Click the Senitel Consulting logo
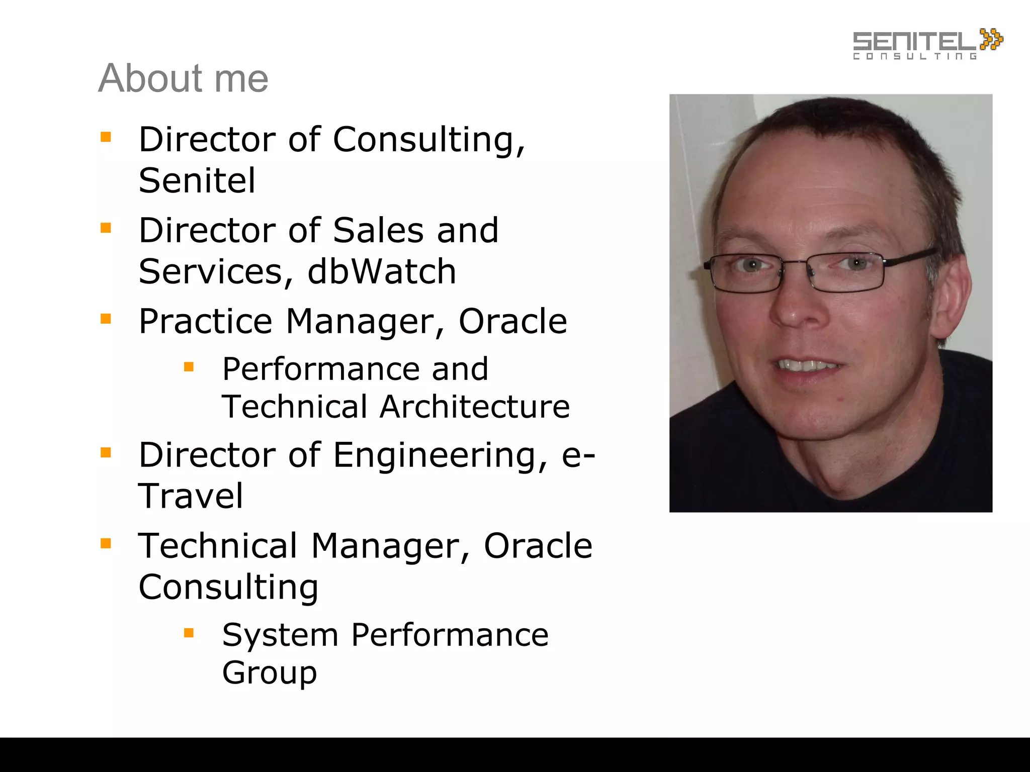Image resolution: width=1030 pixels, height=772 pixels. [x=926, y=44]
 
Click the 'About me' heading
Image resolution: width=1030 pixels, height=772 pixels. [x=183, y=78]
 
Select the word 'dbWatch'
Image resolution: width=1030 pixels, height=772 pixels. [x=382, y=271]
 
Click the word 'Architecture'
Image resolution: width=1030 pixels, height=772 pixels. [x=475, y=407]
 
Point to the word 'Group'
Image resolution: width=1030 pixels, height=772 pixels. [x=270, y=672]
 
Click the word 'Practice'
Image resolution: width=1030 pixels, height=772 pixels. [x=205, y=321]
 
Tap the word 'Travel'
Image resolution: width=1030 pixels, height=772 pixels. [x=191, y=496]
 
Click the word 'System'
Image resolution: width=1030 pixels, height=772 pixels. [x=280, y=635]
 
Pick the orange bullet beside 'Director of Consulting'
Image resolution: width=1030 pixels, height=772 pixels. [x=106, y=137]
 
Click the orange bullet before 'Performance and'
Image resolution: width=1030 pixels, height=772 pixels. [x=189, y=367]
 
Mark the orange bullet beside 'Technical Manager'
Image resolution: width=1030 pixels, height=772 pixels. [x=106, y=543]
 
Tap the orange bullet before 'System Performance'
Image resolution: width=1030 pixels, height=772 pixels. [x=189, y=633]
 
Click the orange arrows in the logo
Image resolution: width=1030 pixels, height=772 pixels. [x=991, y=39]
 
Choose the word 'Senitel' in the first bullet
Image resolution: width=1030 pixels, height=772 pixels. [x=197, y=180]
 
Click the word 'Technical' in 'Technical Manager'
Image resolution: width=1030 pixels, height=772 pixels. [x=218, y=546]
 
